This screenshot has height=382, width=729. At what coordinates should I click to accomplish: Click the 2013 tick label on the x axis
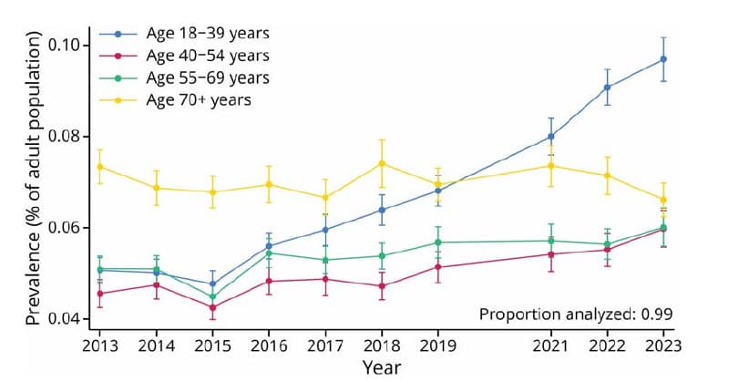tap(99, 346)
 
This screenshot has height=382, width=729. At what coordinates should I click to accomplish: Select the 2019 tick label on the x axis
tap(438, 346)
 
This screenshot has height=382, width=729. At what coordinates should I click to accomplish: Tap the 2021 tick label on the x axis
tap(551, 346)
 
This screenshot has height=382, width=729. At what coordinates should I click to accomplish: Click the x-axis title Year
tap(381, 367)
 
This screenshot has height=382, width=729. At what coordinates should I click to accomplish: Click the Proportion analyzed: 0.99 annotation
tap(576, 315)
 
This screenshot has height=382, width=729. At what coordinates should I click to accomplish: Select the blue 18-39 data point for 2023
tap(663, 59)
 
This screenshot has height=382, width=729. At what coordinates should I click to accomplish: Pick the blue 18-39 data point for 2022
tap(607, 88)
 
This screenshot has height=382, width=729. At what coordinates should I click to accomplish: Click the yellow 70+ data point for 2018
tap(382, 163)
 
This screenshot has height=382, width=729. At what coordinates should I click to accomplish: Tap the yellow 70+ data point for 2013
tap(99, 167)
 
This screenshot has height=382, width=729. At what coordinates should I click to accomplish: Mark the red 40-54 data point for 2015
tap(212, 307)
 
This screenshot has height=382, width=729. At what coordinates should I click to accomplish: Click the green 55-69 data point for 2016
tap(269, 253)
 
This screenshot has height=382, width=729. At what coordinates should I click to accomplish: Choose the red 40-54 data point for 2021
tap(551, 254)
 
